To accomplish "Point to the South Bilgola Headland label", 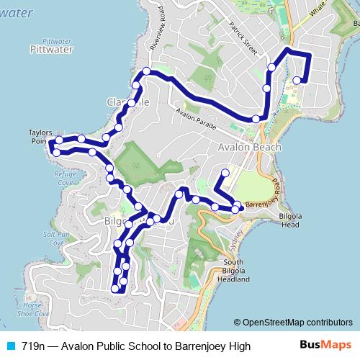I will coord(237,270).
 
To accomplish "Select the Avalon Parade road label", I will coord(196,118).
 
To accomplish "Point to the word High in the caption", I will coord(239,346).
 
